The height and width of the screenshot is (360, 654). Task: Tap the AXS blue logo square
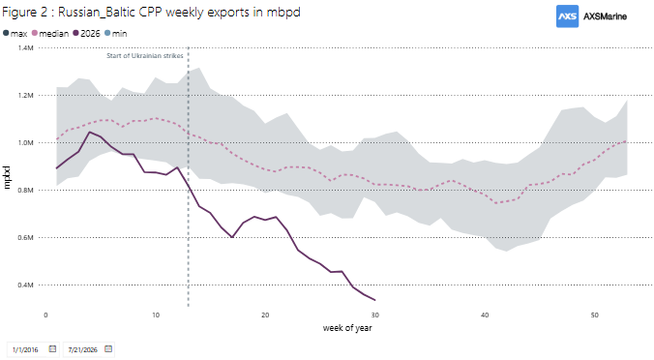(x=567, y=16)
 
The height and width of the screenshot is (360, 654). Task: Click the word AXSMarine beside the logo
(x=605, y=16)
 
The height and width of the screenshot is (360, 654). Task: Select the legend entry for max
(x=15, y=33)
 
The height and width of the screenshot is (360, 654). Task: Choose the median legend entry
(x=50, y=33)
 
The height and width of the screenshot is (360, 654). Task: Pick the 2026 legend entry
(x=86, y=33)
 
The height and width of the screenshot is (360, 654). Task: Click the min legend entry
(x=115, y=33)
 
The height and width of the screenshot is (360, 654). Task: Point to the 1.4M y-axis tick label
(x=25, y=48)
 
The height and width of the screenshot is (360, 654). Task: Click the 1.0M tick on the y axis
(x=25, y=142)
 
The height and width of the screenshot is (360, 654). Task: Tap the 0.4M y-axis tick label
(x=25, y=285)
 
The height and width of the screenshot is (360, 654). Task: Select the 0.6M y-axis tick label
(x=25, y=237)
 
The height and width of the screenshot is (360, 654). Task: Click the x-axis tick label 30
(x=375, y=315)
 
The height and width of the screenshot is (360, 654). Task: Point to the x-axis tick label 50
(x=594, y=315)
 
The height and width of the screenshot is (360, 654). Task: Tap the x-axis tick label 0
(x=45, y=315)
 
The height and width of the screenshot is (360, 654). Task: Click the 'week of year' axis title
(x=347, y=328)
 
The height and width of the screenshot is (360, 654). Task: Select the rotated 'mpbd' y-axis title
(x=7, y=177)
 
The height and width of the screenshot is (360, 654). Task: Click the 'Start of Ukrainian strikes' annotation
(x=145, y=55)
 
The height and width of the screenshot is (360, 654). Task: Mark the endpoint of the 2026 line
(x=375, y=300)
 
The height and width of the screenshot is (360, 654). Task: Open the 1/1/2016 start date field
(x=33, y=349)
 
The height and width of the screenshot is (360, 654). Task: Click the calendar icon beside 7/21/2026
(x=108, y=348)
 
